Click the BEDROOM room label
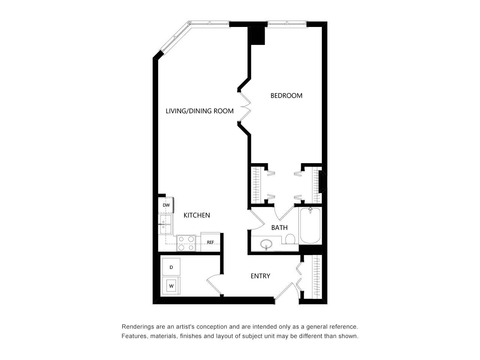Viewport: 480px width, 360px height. pos(286,96)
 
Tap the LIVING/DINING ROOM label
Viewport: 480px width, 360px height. pos(199,111)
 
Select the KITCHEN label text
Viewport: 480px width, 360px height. pos(196,215)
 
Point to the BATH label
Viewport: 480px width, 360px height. pos(279,228)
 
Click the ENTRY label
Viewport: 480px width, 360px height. pos(260,276)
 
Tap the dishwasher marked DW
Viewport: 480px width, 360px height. pos(166,205)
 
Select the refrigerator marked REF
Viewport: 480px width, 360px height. pos(210,242)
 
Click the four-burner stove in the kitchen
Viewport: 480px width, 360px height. pos(186,243)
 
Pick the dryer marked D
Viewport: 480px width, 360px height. pos(171,267)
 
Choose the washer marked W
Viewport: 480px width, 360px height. pos(171,285)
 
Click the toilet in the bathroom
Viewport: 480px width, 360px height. pos(290,239)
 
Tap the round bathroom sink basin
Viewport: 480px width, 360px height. pos(266,243)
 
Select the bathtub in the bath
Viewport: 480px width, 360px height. pos(310,226)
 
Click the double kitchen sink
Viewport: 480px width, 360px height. pos(165,224)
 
